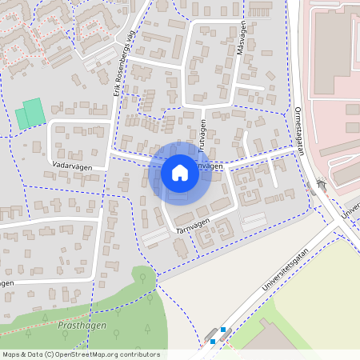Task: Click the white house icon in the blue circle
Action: [180, 172]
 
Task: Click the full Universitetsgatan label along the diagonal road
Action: [286, 269]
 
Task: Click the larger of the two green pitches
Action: [34, 112]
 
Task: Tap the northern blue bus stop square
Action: [222, 330]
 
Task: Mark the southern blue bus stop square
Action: [213, 341]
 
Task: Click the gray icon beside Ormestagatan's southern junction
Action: [321, 184]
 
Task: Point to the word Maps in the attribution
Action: [11, 354]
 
